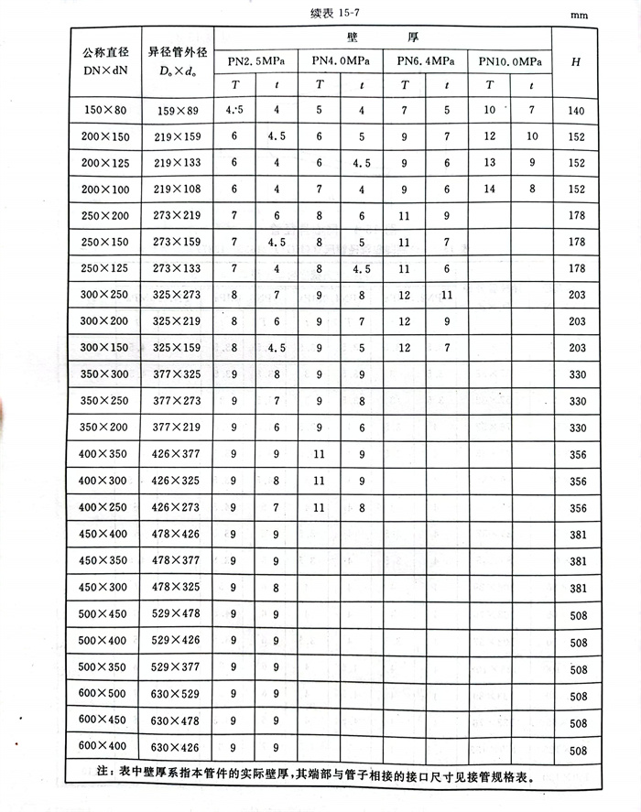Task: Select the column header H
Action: (575, 61)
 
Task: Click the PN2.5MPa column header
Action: (256, 60)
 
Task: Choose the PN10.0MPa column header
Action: (509, 60)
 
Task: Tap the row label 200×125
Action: (105, 163)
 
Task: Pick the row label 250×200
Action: (105, 216)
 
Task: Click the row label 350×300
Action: (103, 375)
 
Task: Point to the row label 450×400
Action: (103, 535)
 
